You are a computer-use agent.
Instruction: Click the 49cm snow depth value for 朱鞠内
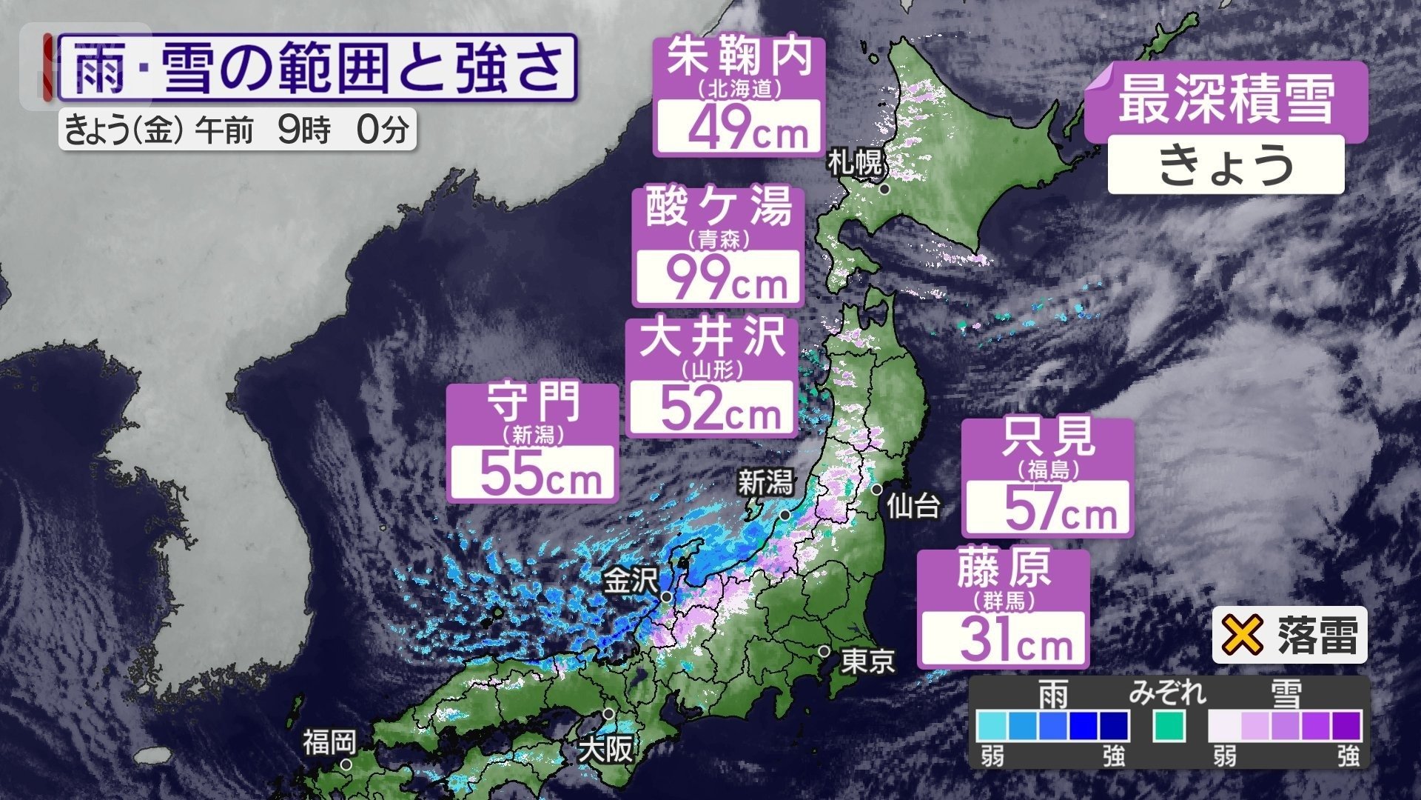coord(748,128)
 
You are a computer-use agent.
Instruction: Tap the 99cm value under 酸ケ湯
coord(725,279)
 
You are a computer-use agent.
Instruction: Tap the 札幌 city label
coord(856,162)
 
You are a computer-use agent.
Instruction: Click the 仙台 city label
coord(913,507)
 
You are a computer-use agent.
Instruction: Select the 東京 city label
coord(867,661)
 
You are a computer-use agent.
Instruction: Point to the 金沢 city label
coord(631,581)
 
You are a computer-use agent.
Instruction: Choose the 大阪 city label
coord(605,750)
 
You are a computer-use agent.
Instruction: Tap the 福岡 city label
coord(329,742)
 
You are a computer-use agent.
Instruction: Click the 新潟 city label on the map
coord(765,484)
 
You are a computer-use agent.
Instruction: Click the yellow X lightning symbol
coord(1242,635)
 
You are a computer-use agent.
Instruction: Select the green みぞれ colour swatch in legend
coord(1169,726)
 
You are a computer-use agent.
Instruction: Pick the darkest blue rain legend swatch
coord(1113,726)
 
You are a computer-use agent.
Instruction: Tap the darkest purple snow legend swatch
coord(1346,726)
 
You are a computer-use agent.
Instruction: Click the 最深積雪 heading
coord(1226,102)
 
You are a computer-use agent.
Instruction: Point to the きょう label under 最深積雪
coord(1226,164)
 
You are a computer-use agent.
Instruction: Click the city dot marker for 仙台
coord(876,490)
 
